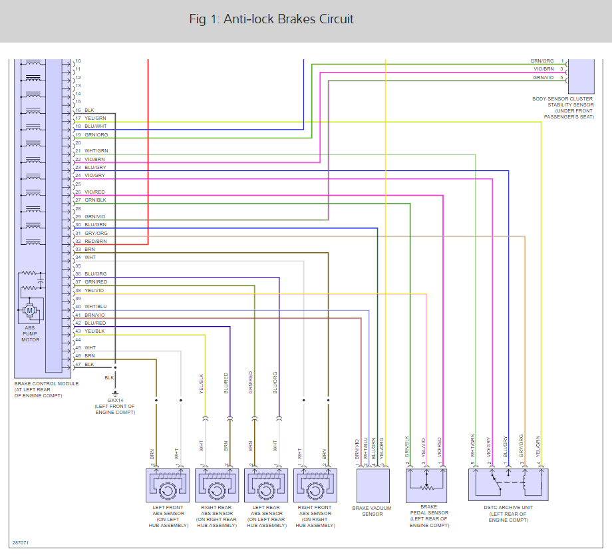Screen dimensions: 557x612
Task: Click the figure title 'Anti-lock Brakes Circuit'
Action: (x=271, y=19)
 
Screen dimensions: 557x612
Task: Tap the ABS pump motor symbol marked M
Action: (x=29, y=310)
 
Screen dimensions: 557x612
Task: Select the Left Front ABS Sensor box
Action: (x=168, y=485)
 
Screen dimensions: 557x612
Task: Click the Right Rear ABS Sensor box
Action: (x=217, y=485)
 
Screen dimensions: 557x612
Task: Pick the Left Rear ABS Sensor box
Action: (x=266, y=485)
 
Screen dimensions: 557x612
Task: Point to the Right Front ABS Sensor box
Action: (x=315, y=485)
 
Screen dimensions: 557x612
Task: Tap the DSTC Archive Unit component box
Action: (x=509, y=484)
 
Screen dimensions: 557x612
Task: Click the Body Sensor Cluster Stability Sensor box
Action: (x=579, y=75)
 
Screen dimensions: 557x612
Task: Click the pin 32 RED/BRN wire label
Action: (x=95, y=242)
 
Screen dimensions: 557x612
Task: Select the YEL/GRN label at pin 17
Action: (x=95, y=118)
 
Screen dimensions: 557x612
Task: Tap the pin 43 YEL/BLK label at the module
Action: (x=94, y=331)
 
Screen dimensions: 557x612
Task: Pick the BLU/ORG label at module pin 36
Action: (x=95, y=274)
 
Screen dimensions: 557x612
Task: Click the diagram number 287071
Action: (x=21, y=542)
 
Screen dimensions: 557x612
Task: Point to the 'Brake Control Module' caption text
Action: (x=46, y=384)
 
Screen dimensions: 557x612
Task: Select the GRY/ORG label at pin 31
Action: (x=95, y=234)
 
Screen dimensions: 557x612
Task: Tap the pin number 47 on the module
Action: (x=78, y=364)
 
